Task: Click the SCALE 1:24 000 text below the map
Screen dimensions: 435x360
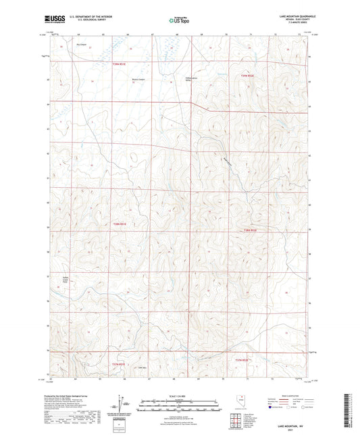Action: (x=180, y=396)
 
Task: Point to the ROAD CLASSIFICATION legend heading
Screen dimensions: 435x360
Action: (x=292, y=396)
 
